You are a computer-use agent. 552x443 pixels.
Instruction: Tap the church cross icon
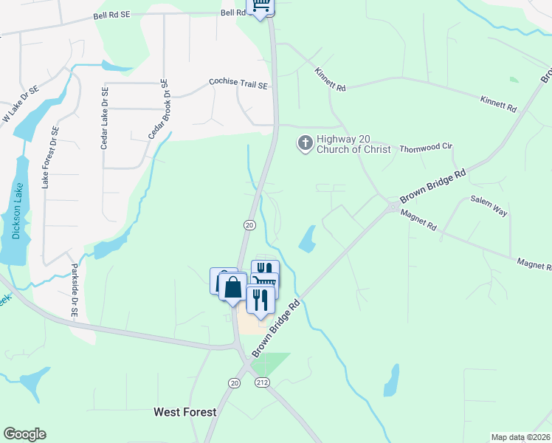[x=304, y=143]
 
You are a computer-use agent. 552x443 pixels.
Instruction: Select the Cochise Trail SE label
[x=238, y=83]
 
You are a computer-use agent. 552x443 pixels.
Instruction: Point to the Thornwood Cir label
[x=425, y=148]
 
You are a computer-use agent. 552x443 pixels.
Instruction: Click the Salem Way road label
[x=489, y=206]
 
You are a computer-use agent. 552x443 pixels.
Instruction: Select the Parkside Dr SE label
[x=74, y=290]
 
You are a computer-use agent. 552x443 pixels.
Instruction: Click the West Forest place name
[x=184, y=412]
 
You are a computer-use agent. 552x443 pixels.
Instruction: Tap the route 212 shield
[x=262, y=382]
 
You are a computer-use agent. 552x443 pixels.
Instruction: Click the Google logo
[x=24, y=434]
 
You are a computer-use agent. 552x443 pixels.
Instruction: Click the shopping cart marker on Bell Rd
[x=260, y=7]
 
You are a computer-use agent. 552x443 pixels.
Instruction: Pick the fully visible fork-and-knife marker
[x=260, y=299]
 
